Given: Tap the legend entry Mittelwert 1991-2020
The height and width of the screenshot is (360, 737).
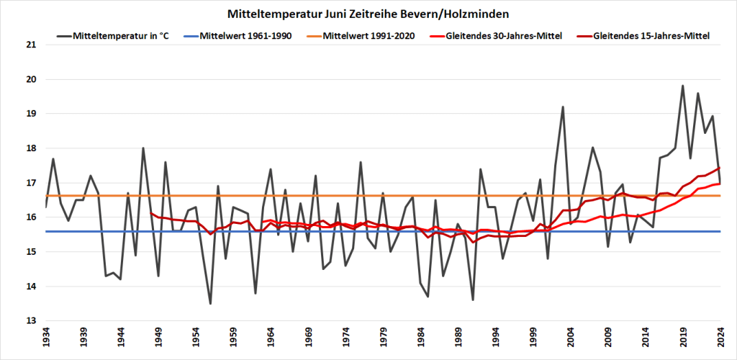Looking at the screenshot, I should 367,35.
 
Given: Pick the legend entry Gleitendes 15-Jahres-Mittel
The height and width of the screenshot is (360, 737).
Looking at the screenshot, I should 648,35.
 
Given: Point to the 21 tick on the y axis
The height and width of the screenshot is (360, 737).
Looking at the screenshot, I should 30,45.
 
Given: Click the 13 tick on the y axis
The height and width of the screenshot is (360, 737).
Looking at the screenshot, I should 30,321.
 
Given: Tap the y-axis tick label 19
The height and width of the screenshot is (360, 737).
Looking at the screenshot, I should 30,114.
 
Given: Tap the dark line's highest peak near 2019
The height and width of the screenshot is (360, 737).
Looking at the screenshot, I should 683,86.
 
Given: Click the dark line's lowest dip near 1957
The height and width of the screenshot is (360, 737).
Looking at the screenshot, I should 210,303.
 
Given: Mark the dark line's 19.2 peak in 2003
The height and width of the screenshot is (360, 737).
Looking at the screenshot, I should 563,107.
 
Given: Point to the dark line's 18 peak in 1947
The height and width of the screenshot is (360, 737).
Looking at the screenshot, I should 143,148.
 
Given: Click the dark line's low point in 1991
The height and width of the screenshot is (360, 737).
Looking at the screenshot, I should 473,300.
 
